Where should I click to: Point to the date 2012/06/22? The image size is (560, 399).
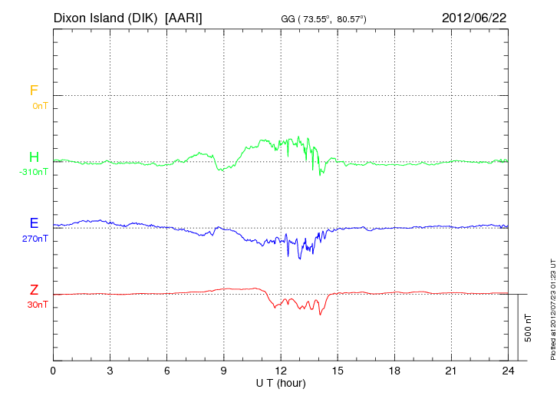pyautogui.click(x=474, y=17)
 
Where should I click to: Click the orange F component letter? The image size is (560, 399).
pyautogui.click(x=34, y=91)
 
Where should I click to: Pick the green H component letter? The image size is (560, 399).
pyautogui.click(x=34, y=157)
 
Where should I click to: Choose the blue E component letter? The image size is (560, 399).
pyautogui.click(x=34, y=223)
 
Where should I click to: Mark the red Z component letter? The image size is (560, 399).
pyautogui.click(x=34, y=290)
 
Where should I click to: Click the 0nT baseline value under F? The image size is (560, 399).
pyautogui.click(x=39, y=105)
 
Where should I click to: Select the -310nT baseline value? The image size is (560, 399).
pyautogui.click(x=33, y=172)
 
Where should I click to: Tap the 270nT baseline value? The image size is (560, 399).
pyautogui.click(x=35, y=239)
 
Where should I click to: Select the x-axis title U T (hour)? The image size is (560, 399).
pyautogui.click(x=281, y=382)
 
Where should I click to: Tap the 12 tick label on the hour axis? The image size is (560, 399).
pyautogui.click(x=281, y=371)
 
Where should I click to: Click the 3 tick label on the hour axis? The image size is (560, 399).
pyautogui.click(x=110, y=371)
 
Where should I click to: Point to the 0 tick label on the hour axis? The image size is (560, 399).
pyautogui.click(x=53, y=371)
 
